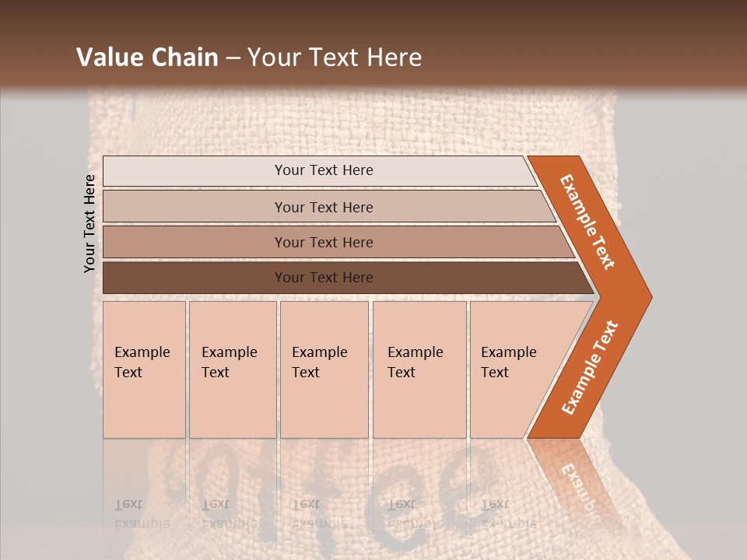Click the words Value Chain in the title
click(147, 58)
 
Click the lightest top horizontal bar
click(195, 171)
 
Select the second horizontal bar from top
click(195, 207)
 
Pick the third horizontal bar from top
click(195, 242)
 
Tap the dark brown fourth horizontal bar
click(195, 278)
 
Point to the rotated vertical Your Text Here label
click(89, 224)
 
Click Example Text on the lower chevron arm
click(590, 367)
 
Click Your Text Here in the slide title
click(335, 58)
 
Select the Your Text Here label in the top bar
click(324, 170)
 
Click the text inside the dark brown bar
click(324, 278)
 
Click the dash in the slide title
click(233, 58)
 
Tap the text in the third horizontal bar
click(324, 243)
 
